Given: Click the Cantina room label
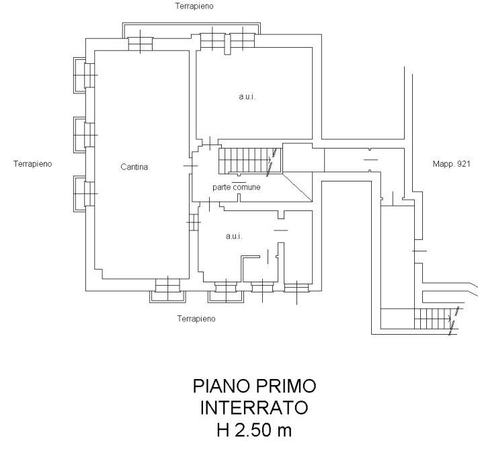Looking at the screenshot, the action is point(134,167).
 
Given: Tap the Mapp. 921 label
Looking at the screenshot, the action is point(451,164).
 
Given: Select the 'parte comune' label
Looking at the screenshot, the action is point(237,187).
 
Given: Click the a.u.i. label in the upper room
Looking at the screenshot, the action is point(247,97).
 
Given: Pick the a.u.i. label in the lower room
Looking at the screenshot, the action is point(234,236).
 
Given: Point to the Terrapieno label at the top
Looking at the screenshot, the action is point(194,6).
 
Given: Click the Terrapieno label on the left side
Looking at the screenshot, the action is point(33,164).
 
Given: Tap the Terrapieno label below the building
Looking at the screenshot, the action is point(196,319).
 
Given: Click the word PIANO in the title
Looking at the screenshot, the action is point(222,386).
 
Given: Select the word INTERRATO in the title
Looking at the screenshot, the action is point(254,407).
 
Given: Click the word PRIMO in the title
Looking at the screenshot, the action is point(286,386).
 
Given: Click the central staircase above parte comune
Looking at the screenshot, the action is point(250,161).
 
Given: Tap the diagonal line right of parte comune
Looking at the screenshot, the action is point(297,188).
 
